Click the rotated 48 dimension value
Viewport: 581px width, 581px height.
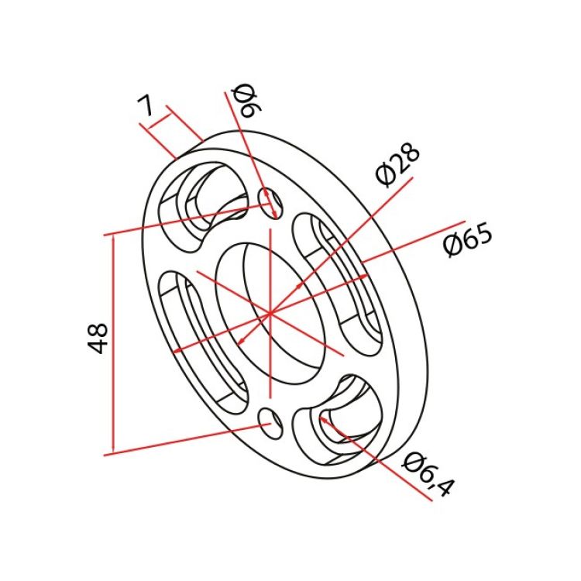click(98, 339)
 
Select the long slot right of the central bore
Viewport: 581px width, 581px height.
click(338, 283)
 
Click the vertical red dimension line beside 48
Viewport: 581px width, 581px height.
click(113, 341)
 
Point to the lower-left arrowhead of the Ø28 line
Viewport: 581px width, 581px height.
click(241, 342)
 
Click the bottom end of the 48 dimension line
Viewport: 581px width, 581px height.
click(113, 452)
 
